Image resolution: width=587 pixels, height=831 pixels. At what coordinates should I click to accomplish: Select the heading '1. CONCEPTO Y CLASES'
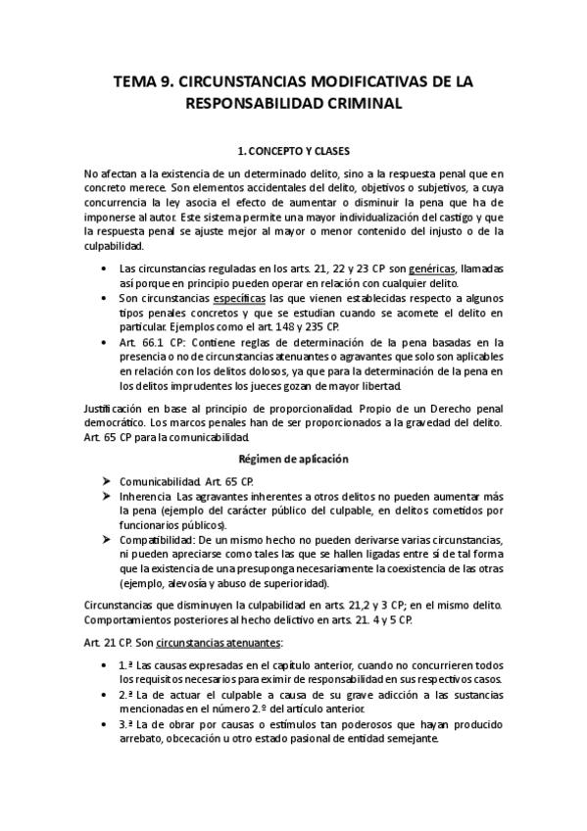tap(294, 152)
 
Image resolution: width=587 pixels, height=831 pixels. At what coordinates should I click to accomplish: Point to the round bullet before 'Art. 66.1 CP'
tap(106, 341)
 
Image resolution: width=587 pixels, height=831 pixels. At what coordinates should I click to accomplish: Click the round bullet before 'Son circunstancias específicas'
tap(106, 297)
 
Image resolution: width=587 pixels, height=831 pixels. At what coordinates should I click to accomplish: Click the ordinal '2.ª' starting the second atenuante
tap(127, 694)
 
